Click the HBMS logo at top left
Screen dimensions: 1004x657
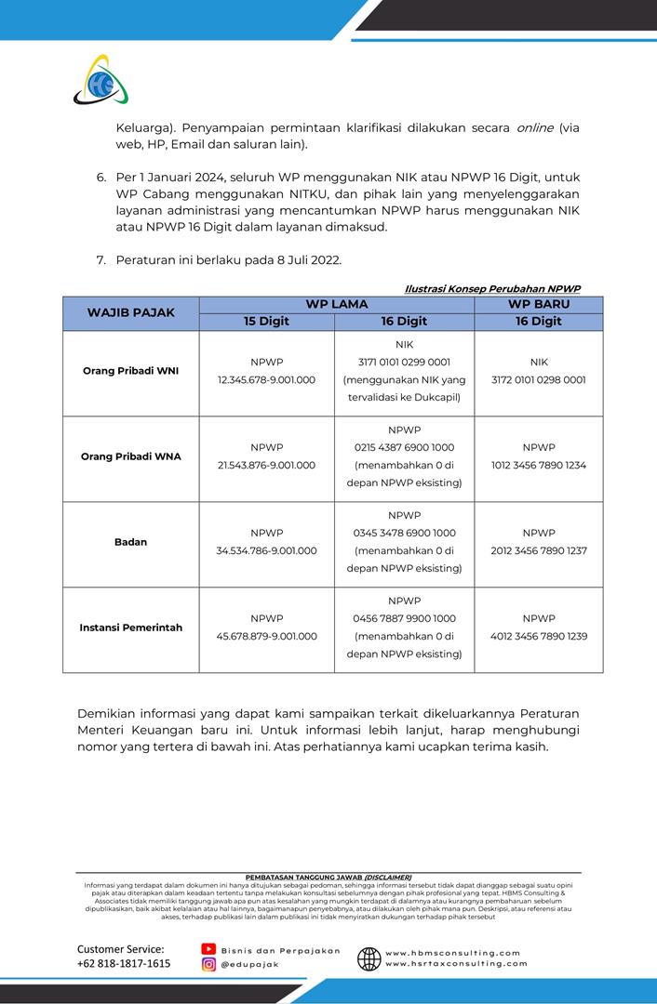[101, 81]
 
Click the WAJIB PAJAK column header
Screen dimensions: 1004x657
[131, 312]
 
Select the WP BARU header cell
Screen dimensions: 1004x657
[539, 304]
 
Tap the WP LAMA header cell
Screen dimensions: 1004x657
[337, 304]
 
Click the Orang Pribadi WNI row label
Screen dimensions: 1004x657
[130, 371]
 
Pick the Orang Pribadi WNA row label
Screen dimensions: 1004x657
[130, 456]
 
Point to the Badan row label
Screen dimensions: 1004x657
[130, 542]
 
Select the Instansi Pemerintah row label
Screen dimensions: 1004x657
[130, 627]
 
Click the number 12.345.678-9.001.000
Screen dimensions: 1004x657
[266, 380]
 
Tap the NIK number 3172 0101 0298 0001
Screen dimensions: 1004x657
[539, 380]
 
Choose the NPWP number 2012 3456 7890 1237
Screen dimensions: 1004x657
[539, 551]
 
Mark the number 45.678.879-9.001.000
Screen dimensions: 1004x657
[266, 637]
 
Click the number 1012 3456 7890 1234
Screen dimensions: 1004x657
[539, 466]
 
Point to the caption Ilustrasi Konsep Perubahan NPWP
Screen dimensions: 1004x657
[492, 289]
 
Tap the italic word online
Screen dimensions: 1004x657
[534, 127]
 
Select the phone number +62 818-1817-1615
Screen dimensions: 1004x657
[124, 964]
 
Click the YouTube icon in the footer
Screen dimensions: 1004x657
[209, 949]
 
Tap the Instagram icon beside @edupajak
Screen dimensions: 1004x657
[209, 965]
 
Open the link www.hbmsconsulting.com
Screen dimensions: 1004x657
[453, 953]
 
